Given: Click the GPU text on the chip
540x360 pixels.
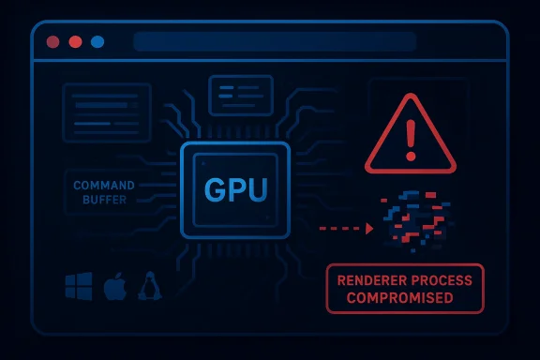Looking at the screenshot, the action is (x=236, y=190).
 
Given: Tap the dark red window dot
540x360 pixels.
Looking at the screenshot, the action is (x=52, y=42).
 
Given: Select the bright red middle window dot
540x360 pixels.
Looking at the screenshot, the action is (x=75, y=42).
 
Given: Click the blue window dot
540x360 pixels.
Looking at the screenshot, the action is (x=97, y=42).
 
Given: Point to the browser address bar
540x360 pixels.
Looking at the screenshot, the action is (x=274, y=42).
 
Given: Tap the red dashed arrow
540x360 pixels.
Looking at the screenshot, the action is (x=346, y=228).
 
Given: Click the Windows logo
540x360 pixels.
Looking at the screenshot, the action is (x=78, y=286).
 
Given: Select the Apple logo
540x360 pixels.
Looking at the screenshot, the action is (x=114, y=286).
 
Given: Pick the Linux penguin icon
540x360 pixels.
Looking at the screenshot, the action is (x=149, y=286).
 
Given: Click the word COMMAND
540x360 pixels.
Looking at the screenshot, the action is (x=104, y=186).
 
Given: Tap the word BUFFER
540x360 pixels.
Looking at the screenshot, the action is (x=105, y=200).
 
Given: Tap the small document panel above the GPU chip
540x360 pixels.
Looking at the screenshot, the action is (x=241, y=94).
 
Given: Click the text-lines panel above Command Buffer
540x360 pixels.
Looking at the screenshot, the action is (x=107, y=112).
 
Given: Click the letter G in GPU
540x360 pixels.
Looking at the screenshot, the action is (x=215, y=190).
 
